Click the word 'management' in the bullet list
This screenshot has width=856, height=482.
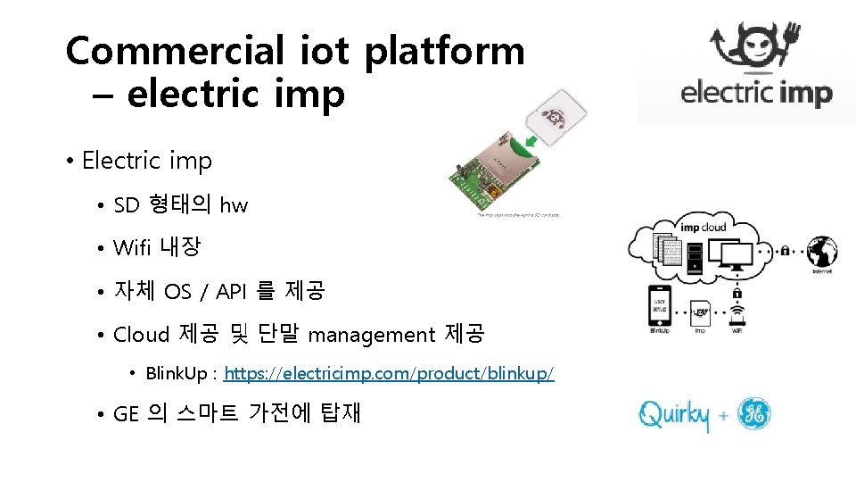click(x=371, y=335)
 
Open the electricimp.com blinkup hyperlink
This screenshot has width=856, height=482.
click(x=389, y=373)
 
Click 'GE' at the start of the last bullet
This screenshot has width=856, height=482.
click(x=127, y=414)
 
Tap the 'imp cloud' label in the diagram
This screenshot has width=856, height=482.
click(x=703, y=226)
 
